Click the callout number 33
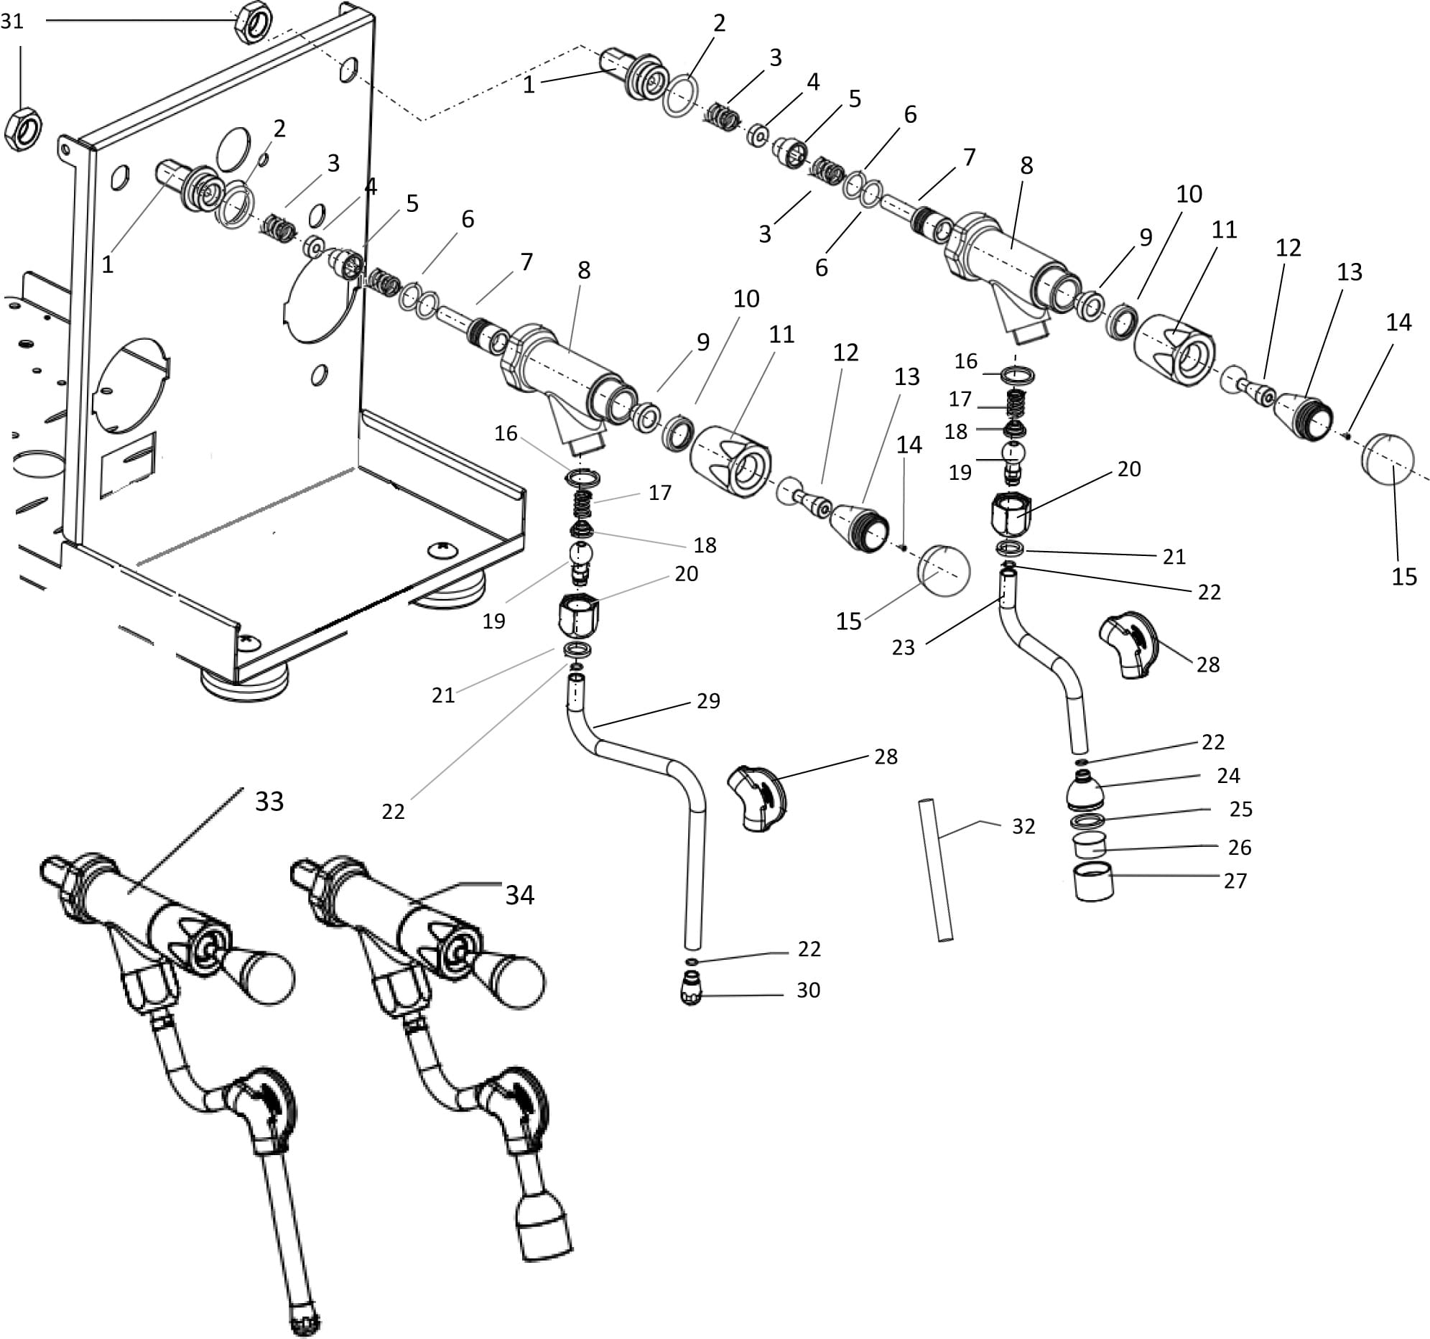tap(270, 802)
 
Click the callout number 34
tap(519, 895)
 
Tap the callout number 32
tap(1023, 827)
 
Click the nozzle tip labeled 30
tap(690, 990)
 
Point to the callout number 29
tap(707, 701)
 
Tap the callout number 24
tap(1228, 776)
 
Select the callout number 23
tap(903, 647)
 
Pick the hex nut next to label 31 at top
tap(253, 22)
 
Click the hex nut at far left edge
tap(23, 129)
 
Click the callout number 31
tap(12, 22)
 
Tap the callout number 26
tap(1239, 848)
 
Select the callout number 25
tap(1240, 810)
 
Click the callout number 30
tap(808, 991)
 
